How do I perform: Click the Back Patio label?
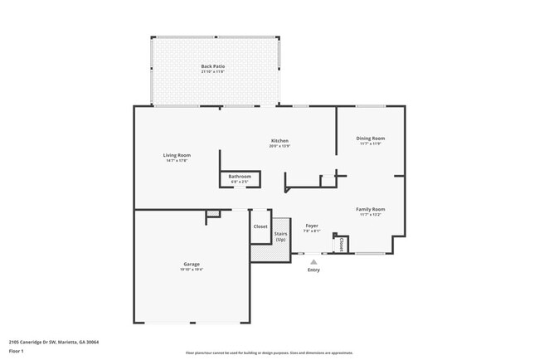click(x=213, y=66)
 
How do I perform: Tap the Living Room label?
click(x=177, y=155)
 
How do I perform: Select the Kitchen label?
click(x=279, y=141)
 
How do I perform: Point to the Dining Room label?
click(x=371, y=139)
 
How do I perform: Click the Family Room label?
click(x=371, y=209)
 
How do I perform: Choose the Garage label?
click(x=192, y=264)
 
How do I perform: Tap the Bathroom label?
click(x=240, y=176)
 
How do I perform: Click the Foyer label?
click(x=312, y=226)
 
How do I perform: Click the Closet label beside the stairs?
click(x=260, y=226)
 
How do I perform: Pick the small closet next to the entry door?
click(x=342, y=245)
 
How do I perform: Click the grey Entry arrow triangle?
click(x=313, y=261)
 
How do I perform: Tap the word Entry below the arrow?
click(x=313, y=270)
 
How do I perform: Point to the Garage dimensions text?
click(x=192, y=269)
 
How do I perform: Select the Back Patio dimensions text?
click(x=213, y=71)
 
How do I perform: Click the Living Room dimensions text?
click(x=177, y=160)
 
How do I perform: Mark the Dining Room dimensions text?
click(x=371, y=144)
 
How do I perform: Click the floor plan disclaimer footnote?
click(x=269, y=353)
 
